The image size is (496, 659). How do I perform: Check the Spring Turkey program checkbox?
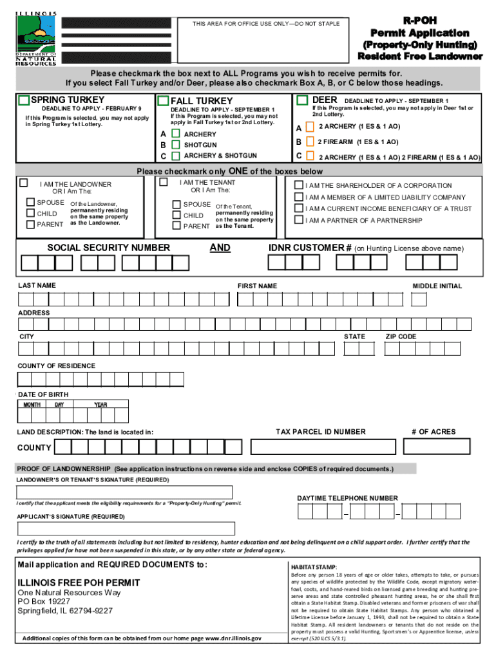(x=24, y=100)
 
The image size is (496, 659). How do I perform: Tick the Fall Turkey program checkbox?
(x=163, y=101)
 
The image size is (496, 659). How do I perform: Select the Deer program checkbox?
(x=302, y=100)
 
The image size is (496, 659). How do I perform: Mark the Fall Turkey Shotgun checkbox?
(x=175, y=145)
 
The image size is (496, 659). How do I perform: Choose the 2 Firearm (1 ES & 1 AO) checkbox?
(x=310, y=142)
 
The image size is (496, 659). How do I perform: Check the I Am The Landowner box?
(x=24, y=183)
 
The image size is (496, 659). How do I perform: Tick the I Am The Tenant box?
(x=163, y=182)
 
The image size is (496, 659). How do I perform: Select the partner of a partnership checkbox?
(x=299, y=220)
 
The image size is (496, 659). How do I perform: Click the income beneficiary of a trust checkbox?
(x=299, y=209)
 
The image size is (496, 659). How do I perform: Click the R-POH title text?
(x=419, y=21)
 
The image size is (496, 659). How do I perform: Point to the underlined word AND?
(x=220, y=248)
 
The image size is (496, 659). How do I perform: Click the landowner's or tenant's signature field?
(x=124, y=492)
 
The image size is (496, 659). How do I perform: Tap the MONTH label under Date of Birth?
(x=32, y=405)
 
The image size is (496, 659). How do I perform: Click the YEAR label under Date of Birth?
(x=100, y=405)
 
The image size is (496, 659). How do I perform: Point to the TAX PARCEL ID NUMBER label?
(x=320, y=432)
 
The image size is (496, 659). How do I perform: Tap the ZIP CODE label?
(x=401, y=337)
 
